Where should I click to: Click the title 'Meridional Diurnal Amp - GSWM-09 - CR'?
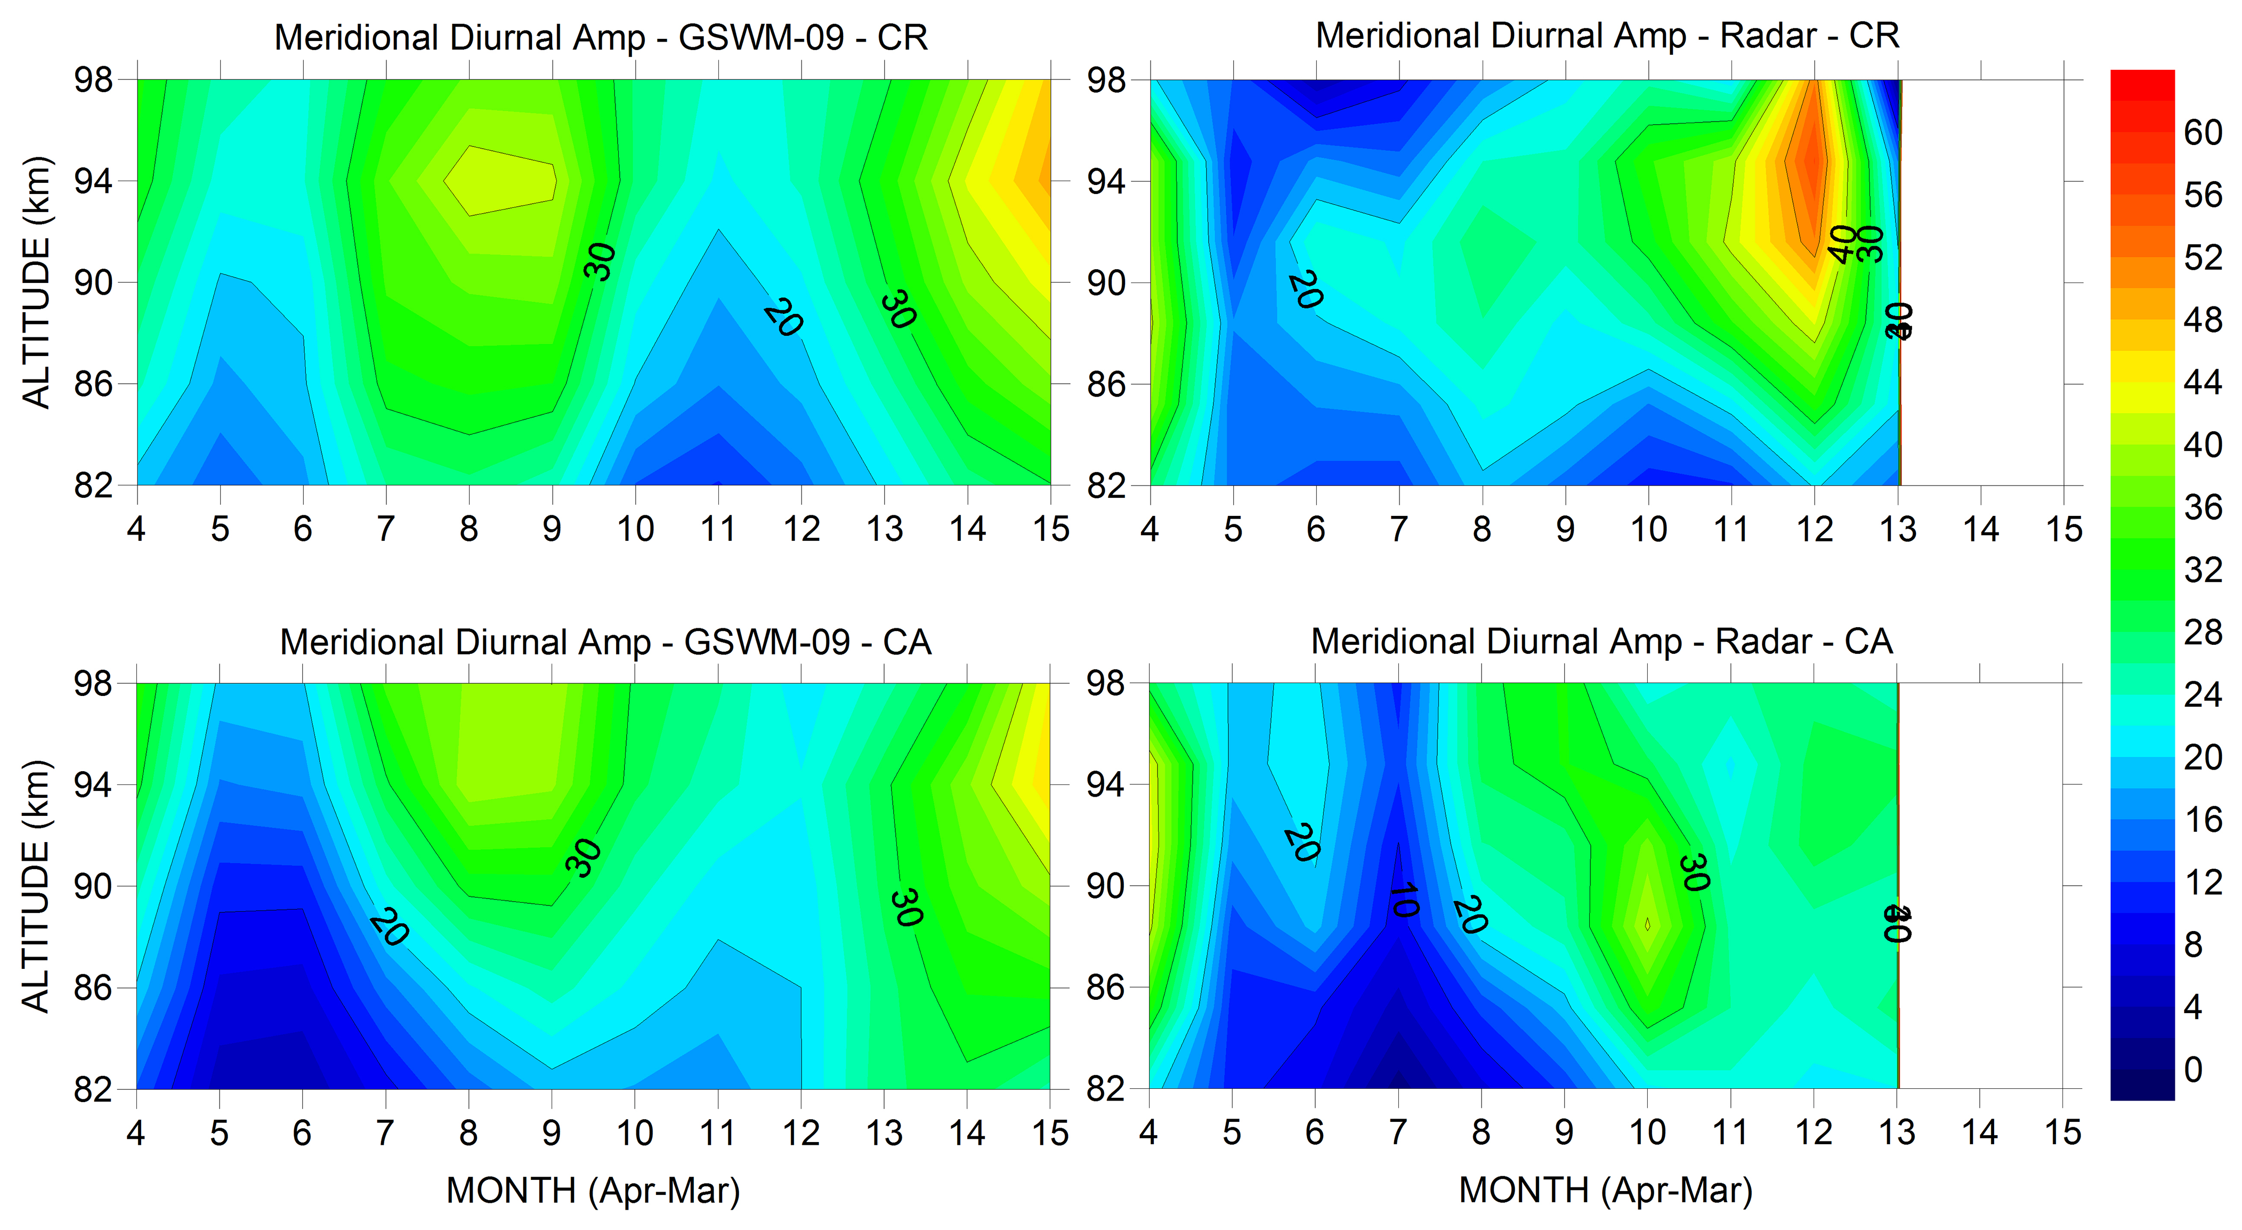601,38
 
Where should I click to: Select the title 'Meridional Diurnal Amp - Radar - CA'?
1601,642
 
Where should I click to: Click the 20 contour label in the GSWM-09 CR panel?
782,319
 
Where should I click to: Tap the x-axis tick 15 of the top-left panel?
1050,528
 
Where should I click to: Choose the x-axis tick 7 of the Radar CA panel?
1398,1132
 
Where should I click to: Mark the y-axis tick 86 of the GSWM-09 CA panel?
93,988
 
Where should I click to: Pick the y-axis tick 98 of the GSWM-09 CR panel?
93,80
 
